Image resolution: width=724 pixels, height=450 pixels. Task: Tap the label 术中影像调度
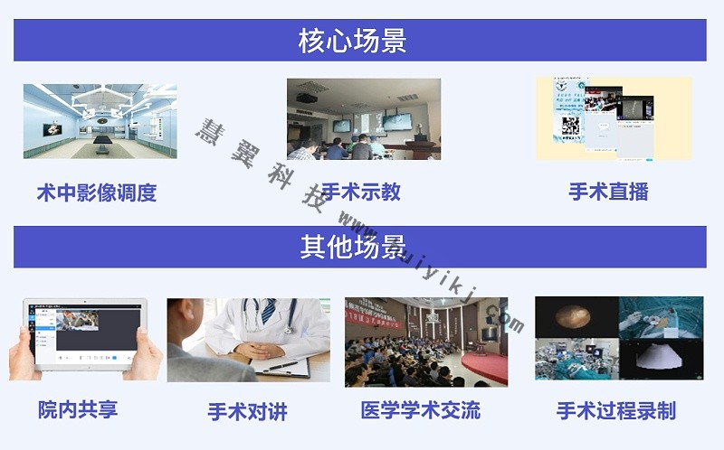[x=97, y=192]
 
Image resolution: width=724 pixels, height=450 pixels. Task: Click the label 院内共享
[x=78, y=409]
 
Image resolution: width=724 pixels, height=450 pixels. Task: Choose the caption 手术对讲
[x=247, y=412]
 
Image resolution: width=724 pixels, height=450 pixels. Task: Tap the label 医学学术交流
[x=421, y=410]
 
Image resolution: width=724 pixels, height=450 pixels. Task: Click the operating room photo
[x=100, y=121]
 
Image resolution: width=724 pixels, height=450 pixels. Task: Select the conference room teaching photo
[x=364, y=119]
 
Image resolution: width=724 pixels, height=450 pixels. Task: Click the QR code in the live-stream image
[x=570, y=127]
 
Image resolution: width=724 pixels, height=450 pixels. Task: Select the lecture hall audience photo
[x=425, y=342]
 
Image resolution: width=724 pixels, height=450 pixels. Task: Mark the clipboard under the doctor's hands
[x=281, y=366]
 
